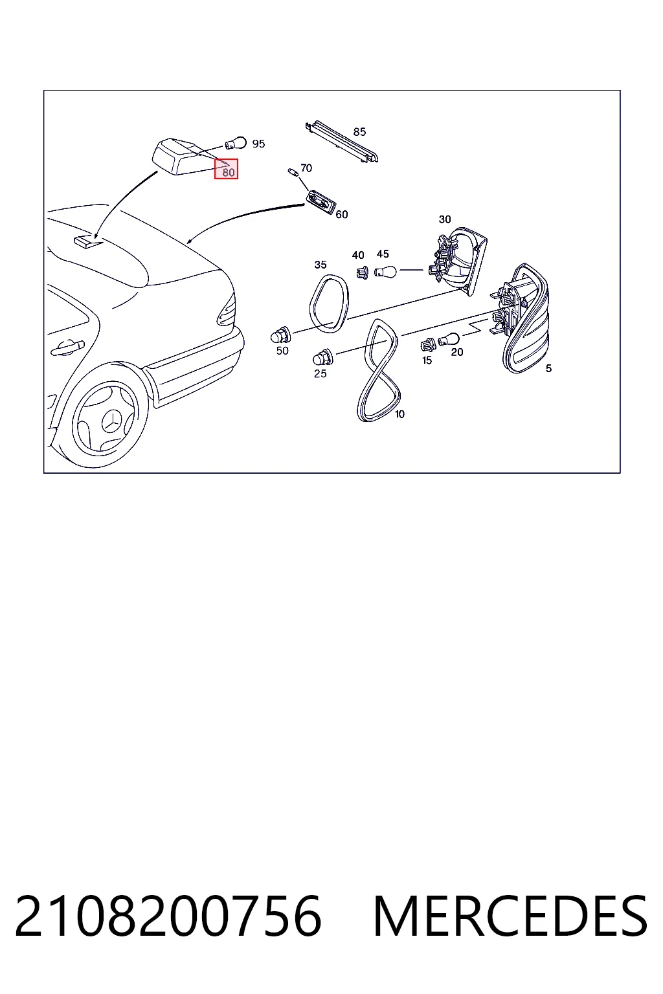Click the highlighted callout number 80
click(x=229, y=171)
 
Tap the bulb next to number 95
click(x=236, y=143)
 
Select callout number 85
click(x=359, y=132)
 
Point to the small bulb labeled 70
click(x=293, y=172)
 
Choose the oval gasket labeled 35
click(x=329, y=304)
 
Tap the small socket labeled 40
click(x=363, y=272)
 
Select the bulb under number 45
click(x=385, y=271)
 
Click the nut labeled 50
click(x=280, y=335)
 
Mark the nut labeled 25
click(x=322, y=357)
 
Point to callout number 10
click(x=399, y=414)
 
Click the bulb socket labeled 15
click(x=429, y=344)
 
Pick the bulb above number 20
click(x=449, y=340)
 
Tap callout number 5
click(x=549, y=368)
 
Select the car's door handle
click(x=67, y=348)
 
